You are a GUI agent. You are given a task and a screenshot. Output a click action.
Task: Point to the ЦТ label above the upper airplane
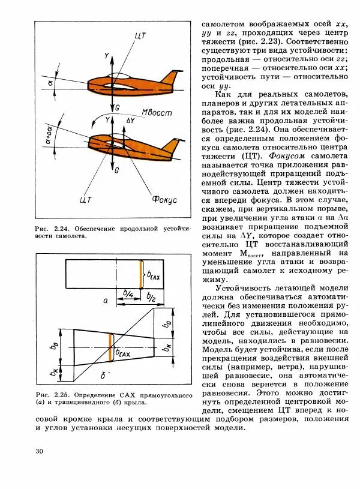tap(140, 35)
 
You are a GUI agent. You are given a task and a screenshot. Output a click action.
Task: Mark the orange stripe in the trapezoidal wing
tap(111, 347)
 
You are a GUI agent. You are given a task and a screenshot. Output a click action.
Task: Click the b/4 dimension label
tap(128, 293)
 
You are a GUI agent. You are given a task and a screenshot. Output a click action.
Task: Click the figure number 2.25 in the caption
tap(61, 394)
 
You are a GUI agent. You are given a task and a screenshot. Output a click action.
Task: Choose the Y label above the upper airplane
tap(106, 55)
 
